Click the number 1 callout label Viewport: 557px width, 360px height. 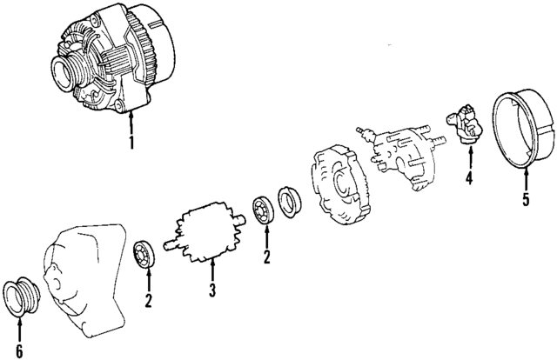coord(131,142)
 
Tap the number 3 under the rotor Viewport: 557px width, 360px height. coord(211,290)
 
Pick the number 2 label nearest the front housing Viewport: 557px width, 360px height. coord(149,301)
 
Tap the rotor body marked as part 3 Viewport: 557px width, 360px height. coord(207,234)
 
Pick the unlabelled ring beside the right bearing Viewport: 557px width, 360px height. coord(290,200)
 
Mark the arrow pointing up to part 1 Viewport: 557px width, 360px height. coord(131,122)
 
